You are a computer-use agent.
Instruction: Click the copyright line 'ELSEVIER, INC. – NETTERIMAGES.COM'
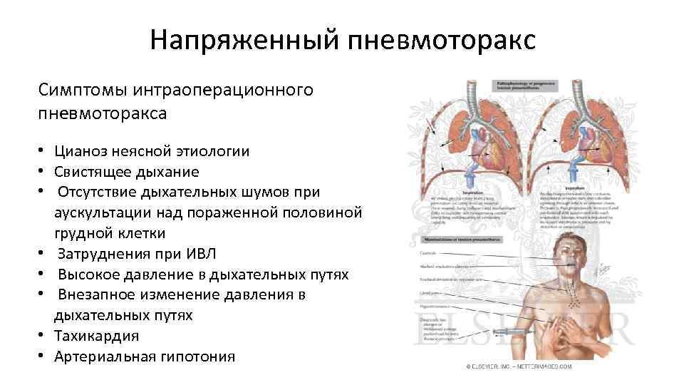(x=519, y=366)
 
